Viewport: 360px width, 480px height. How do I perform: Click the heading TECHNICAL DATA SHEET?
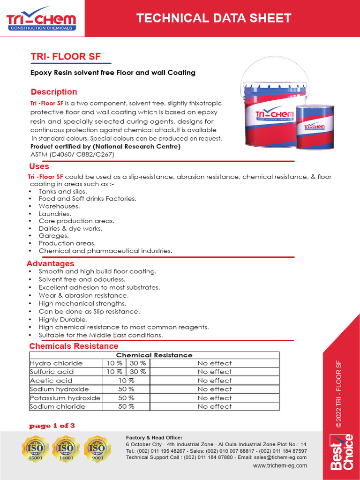coord(214,18)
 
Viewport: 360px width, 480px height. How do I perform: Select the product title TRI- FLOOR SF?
coord(66,57)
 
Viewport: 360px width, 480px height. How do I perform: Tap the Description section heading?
coord(54,92)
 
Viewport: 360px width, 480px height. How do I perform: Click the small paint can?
coord(315,126)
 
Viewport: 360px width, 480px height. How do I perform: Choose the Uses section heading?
coord(39,166)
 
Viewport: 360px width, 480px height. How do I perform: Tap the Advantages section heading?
coord(50,263)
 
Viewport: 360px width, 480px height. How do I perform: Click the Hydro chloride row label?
coord(56,363)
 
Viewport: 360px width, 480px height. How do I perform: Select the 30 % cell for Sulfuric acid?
coord(138,372)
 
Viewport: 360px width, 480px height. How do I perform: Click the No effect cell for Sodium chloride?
coord(214,406)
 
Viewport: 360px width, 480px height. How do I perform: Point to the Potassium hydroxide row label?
coord(65,398)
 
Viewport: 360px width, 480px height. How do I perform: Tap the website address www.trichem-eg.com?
coord(280,465)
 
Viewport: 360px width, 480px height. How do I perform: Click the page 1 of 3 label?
coord(52,426)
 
